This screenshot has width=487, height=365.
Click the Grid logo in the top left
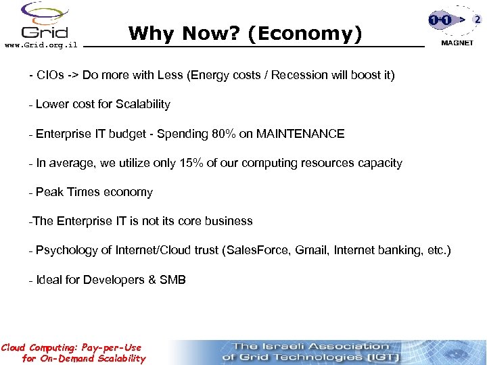pyautogui.click(x=45, y=22)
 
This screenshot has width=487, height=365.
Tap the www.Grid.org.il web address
pyautogui.click(x=41, y=45)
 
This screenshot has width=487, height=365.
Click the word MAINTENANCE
pyautogui.click(x=300, y=134)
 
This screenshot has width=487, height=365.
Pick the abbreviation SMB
pyautogui.click(x=172, y=280)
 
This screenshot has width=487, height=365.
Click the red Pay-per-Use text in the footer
pyautogui.click(x=108, y=347)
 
